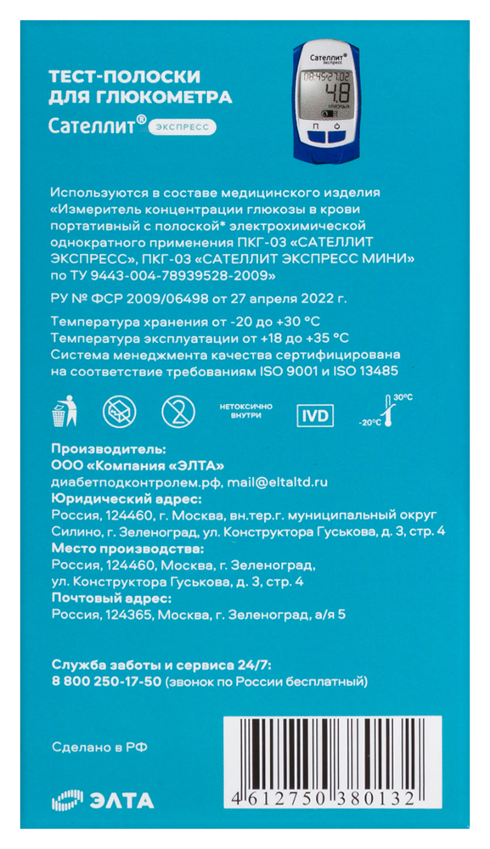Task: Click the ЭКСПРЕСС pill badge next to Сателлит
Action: [x=182, y=128]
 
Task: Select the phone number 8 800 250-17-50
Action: [x=106, y=682]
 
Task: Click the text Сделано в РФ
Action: [x=99, y=748]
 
